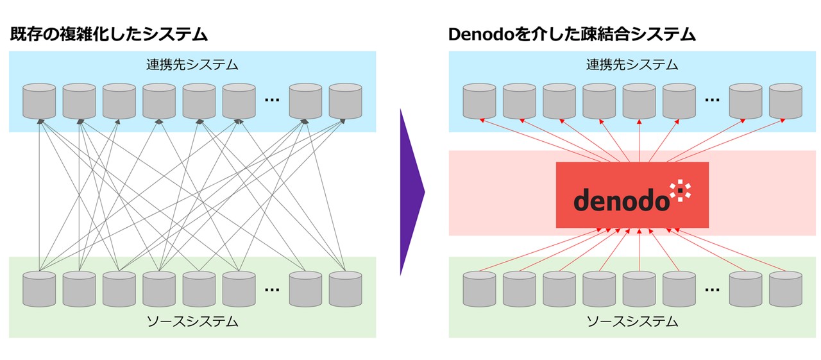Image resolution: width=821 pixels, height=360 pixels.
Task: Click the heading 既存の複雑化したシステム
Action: pyautogui.click(x=109, y=35)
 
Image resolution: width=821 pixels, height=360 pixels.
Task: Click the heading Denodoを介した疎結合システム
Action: pyautogui.click(x=571, y=35)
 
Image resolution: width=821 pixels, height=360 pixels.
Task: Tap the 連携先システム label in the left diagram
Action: pyautogui.click(x=192, y=64)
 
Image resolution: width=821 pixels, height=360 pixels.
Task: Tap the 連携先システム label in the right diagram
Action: pyautogui.click(x=632, y=64)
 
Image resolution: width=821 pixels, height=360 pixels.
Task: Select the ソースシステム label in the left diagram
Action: pyautogui.click(x=192, y=321)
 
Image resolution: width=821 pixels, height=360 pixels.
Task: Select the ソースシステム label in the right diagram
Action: pyautogui.click(x=632, y=321)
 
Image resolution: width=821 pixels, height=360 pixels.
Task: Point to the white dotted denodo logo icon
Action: pyautogui.click(x=679, y=191)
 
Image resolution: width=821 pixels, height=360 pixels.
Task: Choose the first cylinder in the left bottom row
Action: pyautogui.click(x=39, y=289)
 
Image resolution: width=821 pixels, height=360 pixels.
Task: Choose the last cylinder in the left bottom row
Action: pyautogui.click(x=345, y=289)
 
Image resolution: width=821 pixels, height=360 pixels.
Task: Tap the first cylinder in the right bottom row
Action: pyautogui.click(x=479, y=289)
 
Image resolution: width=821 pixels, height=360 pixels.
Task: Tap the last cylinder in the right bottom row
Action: pyautogui.click(x=785, y=289)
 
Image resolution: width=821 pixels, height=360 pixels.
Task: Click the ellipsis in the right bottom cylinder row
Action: pyautogui.click(x=712, y=289)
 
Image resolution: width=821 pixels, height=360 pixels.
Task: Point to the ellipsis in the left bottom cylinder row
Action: pyautogui.click(x=272, y=289)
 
